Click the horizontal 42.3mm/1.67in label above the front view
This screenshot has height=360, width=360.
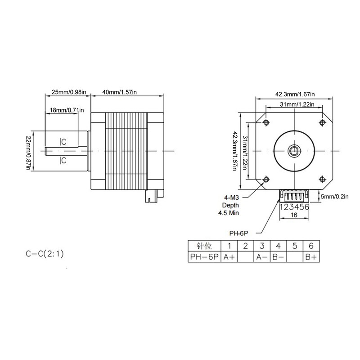295,94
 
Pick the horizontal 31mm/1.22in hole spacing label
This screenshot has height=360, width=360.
295,104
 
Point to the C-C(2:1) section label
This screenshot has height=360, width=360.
47,255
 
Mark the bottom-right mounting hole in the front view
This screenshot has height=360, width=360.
322,178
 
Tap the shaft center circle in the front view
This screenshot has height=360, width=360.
295,150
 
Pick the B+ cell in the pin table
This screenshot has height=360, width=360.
311,257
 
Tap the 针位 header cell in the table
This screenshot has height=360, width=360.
204,246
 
